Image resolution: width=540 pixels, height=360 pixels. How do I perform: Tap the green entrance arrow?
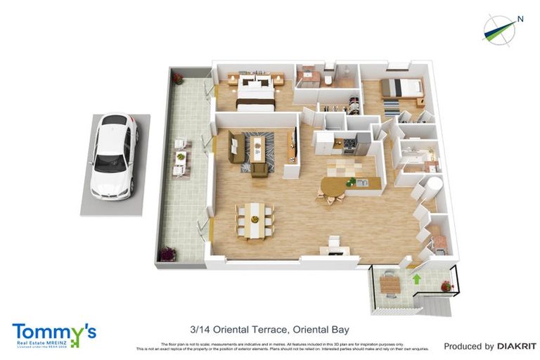point(416,279)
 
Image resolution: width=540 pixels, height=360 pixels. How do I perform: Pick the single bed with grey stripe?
point(400,88)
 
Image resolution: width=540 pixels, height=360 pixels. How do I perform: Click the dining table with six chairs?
point(254,219)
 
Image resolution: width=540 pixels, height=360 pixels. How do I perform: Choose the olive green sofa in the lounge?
point(235,146)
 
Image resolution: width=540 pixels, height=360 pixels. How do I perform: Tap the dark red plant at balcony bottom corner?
point(167,253)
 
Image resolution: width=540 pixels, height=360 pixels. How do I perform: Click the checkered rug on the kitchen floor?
point(345,167)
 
